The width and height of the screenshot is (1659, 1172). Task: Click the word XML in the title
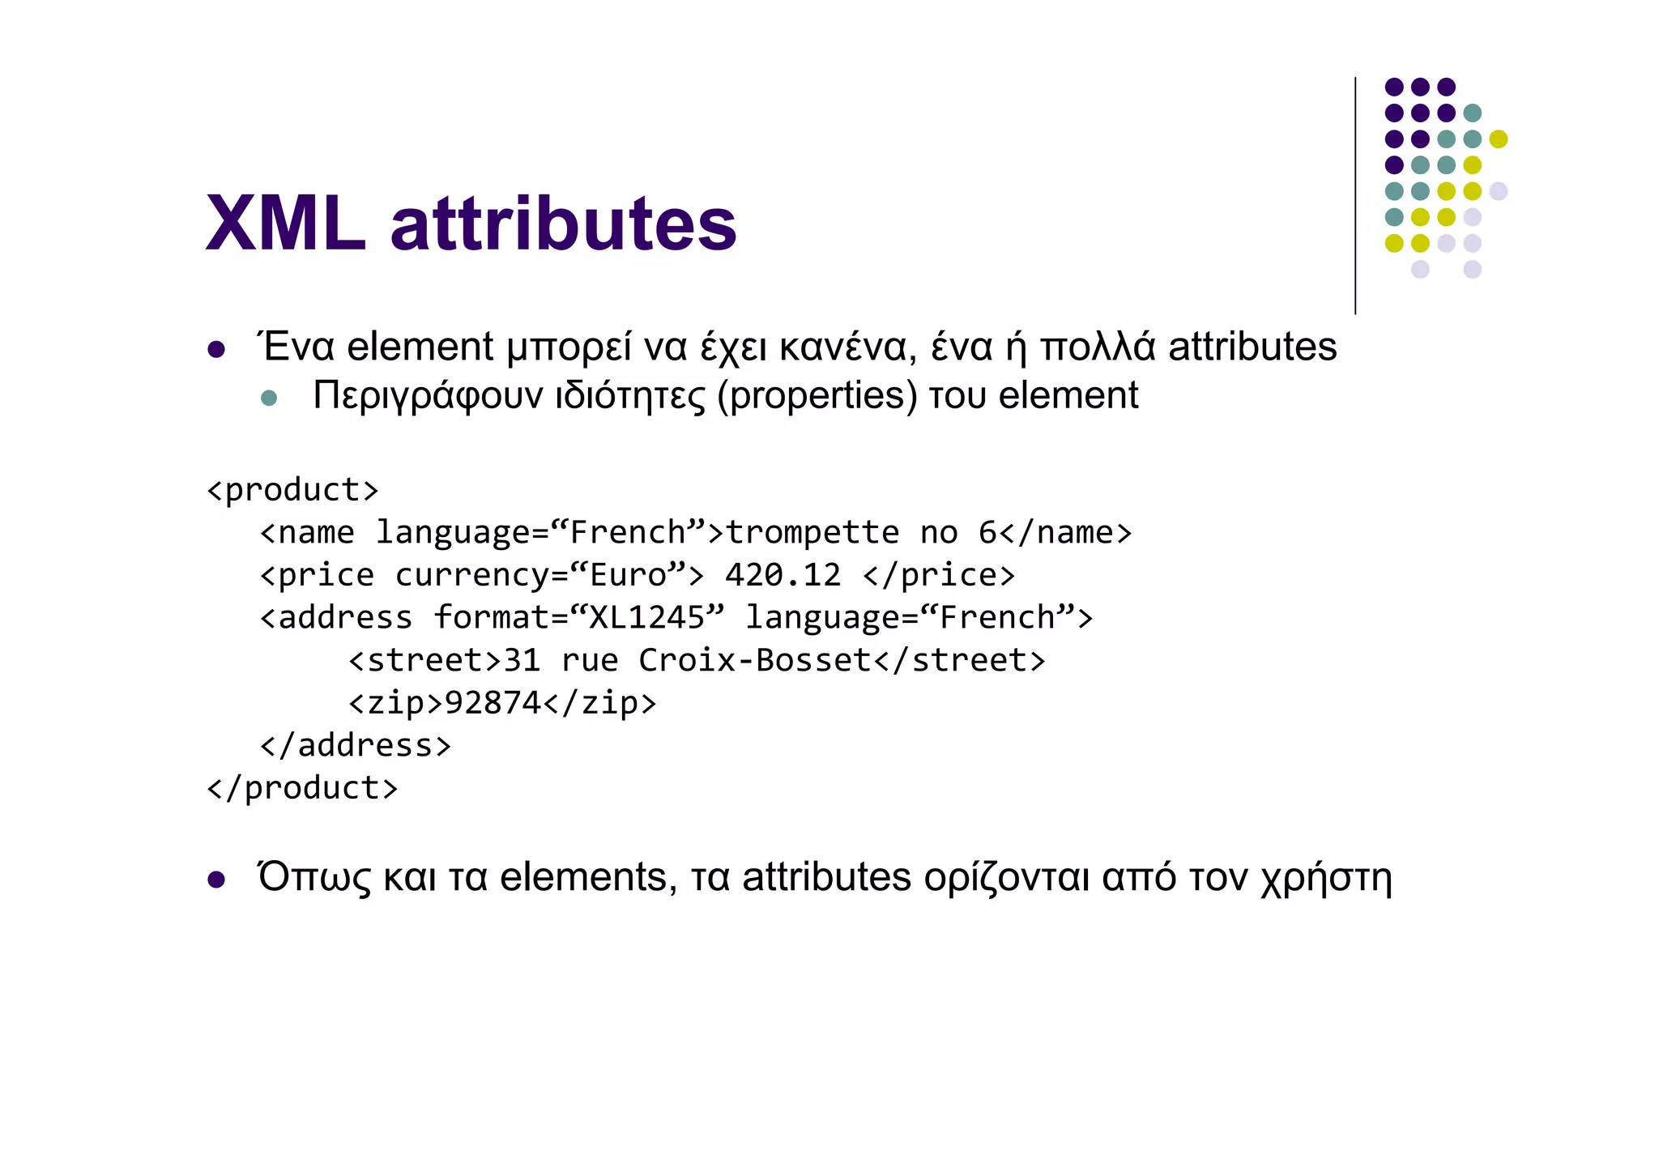tap(286, 224)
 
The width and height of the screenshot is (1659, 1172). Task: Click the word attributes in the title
tap(563, 224)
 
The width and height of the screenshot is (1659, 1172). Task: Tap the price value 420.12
tap(783, 575)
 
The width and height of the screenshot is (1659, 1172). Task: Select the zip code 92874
tap(493, 703)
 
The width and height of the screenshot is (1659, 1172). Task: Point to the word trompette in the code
tap(812, 533)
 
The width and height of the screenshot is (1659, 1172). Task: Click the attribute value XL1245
tap(646, 618)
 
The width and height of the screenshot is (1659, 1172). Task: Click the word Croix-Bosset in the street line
tap(754, 660)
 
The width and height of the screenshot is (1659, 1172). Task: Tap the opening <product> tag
tap(292, 490)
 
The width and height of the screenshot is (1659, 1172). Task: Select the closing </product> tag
tap(302, 788)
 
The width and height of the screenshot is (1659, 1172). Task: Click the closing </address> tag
tap(355, 745)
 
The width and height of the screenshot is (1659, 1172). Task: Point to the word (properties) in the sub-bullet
tap(817, 396)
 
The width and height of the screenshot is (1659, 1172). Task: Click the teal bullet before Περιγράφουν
tap(270, 398)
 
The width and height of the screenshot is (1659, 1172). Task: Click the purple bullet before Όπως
tap(215, 880)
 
